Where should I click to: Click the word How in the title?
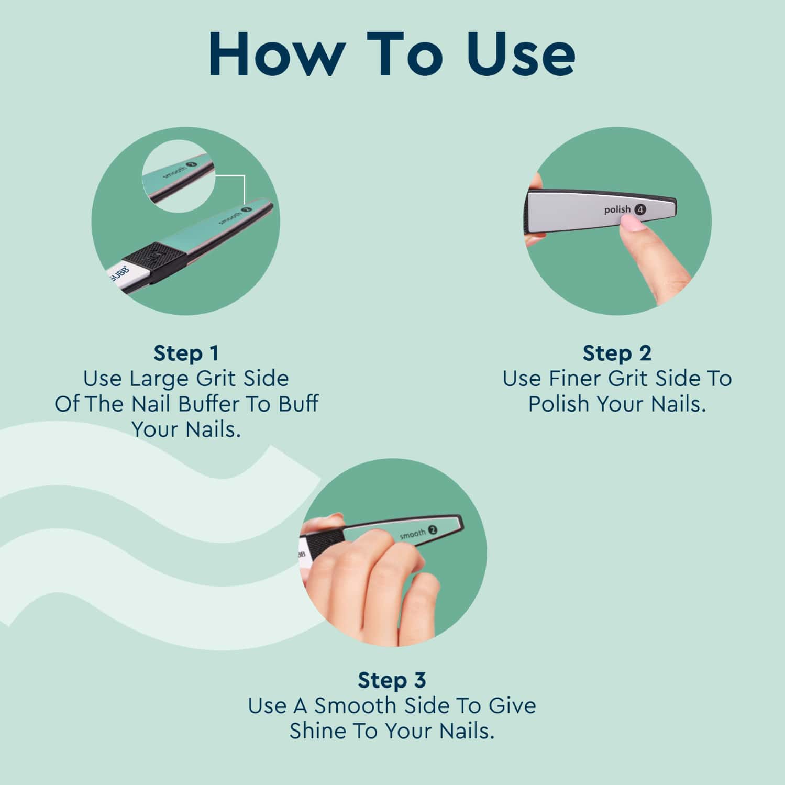276,54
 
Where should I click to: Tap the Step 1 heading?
186,353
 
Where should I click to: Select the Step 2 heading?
616,353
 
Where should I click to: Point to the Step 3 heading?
392,680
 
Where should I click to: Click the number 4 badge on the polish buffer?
640,209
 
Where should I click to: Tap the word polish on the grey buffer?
617,209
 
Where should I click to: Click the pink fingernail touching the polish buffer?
631,225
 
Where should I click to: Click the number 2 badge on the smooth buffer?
433,530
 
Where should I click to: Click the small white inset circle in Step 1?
178,179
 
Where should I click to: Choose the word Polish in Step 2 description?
559,404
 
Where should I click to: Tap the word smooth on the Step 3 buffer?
413,535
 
